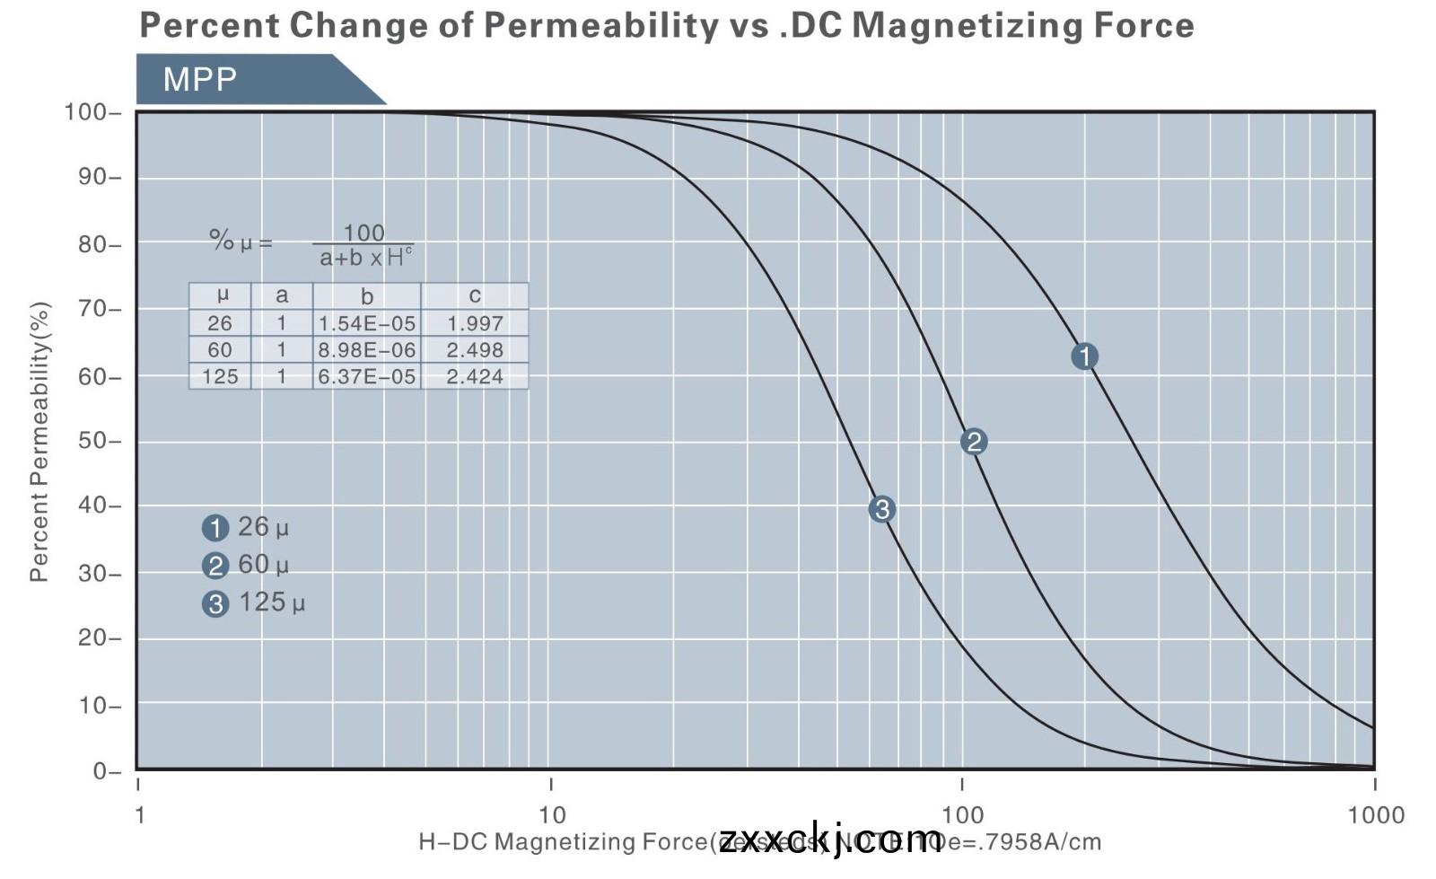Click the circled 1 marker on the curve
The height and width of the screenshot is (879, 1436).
click(x=1084, y=356)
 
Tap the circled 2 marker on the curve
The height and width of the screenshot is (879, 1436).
click(x=974, y=442)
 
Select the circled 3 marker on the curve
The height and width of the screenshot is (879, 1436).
click(x=881, y=509)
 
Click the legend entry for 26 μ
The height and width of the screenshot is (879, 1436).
click(x=246, y=527)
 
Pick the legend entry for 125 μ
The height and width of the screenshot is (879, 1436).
click(x=254, y=602)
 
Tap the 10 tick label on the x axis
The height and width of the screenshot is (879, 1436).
click(x=552, y=814)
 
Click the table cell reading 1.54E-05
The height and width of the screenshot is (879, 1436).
click(x=367, y=323)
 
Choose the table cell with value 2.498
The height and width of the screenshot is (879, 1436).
click(x=475, y=350)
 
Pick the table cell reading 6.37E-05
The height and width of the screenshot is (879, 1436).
click(x=367, y=377)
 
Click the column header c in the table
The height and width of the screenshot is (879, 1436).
click(x=475, y=295)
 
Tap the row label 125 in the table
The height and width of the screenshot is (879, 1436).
click(x=220, y=377)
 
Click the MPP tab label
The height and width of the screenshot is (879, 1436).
click(x=199, y=79)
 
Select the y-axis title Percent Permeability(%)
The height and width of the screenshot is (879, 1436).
click(x=39, y=441)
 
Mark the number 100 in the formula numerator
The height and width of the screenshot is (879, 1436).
click(x=363, y=233)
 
